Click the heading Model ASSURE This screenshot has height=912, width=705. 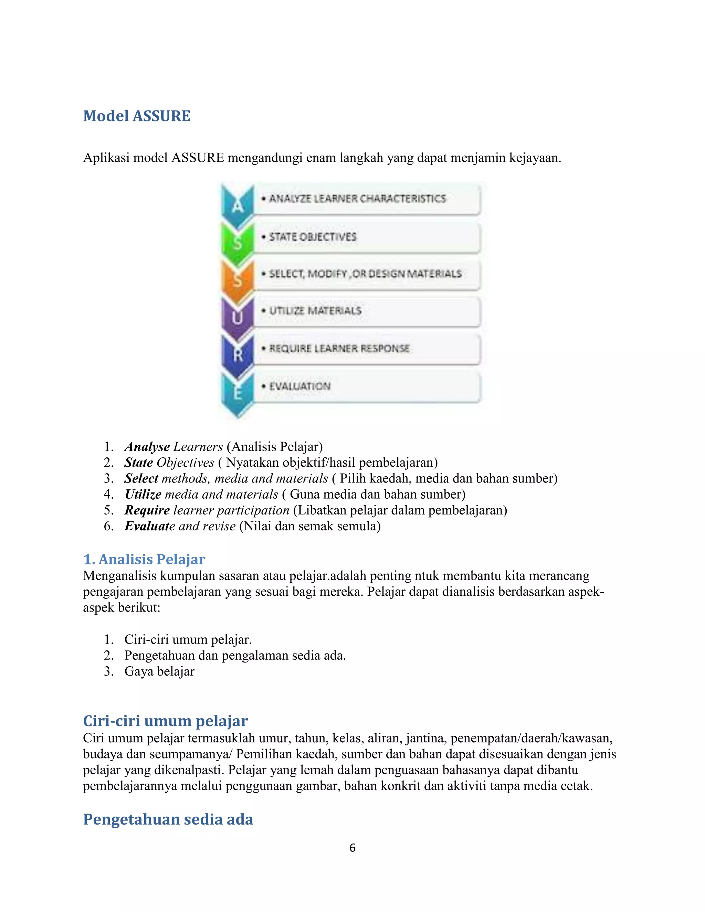point(137,116)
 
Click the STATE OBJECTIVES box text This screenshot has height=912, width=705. point(313,237)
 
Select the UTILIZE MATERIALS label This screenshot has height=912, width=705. point(315,311)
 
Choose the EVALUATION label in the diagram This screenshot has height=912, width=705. point(299,386)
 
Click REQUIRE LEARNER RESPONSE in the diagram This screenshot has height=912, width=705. point(339,348)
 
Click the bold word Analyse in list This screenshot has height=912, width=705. point(147,446)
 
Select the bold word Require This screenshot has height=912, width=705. point(147,510)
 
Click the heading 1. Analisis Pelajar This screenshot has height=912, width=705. point(144,559)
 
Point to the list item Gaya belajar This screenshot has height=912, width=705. point(159,671)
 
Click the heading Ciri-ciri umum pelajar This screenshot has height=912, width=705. point(165,721)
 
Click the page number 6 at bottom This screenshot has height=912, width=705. point(352,847)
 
